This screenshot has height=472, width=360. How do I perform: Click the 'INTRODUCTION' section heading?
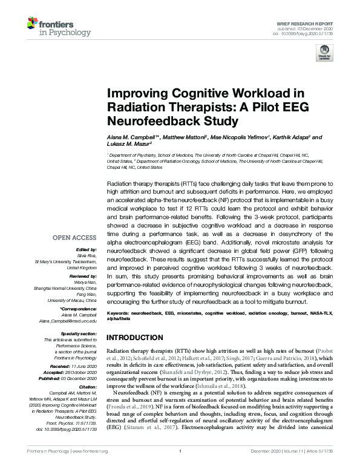click(136, 337)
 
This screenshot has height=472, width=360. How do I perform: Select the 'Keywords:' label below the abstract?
click(119, 313)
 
